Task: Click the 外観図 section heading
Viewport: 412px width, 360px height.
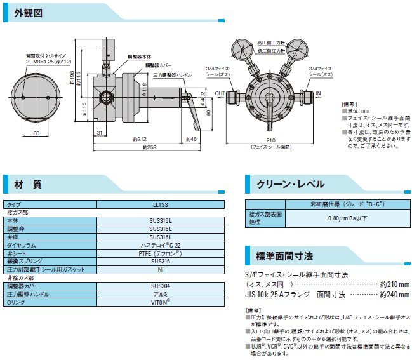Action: pos(29,13)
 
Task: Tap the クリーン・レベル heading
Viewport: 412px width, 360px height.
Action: pos(290,184)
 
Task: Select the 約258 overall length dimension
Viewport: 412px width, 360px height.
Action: pos(150,147)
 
